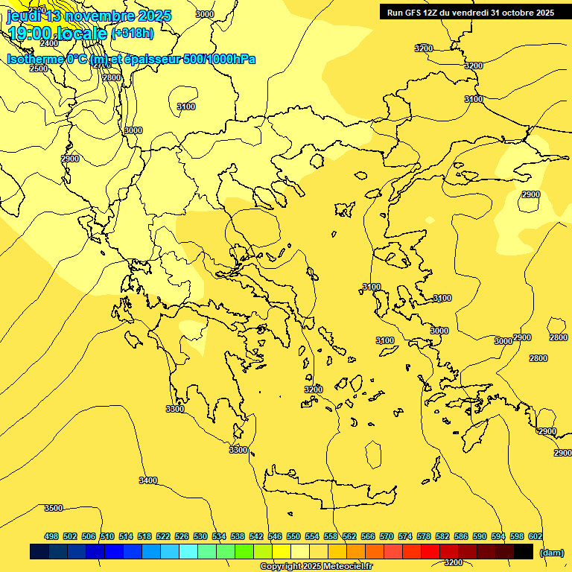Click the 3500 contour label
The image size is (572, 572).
54,508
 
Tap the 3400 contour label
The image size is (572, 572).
148,480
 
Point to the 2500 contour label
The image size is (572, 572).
39,69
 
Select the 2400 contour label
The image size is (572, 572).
50,43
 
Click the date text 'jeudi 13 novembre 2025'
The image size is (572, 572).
89,16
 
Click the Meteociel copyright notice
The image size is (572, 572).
316,566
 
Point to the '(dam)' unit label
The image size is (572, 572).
551,552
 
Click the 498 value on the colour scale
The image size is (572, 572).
51,536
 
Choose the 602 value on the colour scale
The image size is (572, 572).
536,536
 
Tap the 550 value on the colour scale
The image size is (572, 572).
293,536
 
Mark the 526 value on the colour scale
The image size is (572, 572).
182,536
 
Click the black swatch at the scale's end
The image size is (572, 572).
524,551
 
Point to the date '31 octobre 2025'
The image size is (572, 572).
521,12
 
